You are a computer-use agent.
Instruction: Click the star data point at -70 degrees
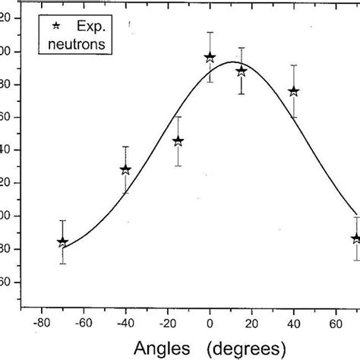[x=62, y=242]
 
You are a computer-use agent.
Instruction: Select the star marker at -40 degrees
[x=125, y=169]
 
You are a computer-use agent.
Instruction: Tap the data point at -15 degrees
[x=178, y=141]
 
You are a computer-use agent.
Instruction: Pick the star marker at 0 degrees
[x=210, y=57]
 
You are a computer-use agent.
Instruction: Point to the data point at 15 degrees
[x=242, y=71]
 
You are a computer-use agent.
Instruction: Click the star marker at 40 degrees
[x=294, y=91]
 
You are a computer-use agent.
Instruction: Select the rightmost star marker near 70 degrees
[x=355, y=238]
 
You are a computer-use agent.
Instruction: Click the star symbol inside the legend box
[x=56, y=27]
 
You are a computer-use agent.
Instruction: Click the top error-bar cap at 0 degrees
[x=210, y=33]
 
